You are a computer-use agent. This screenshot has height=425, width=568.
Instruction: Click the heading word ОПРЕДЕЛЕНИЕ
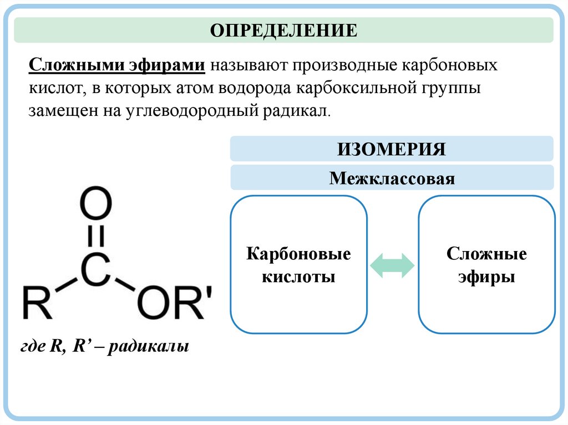pyautogui.click(x=283, y=30)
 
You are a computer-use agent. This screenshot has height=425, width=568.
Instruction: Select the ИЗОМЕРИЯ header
pyautogui.click(x=392, y=149)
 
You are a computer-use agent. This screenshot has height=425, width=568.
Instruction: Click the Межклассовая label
pyautogui.click(x=392, y=178)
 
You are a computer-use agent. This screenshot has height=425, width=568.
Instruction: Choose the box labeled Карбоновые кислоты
pyautogui.click(x=298, y=265)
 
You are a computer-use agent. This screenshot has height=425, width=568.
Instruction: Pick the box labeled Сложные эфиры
pyautogui.click(x=486, y=265)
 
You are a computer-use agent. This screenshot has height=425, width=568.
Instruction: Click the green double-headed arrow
pyautogui.click(x=392, y=265)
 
